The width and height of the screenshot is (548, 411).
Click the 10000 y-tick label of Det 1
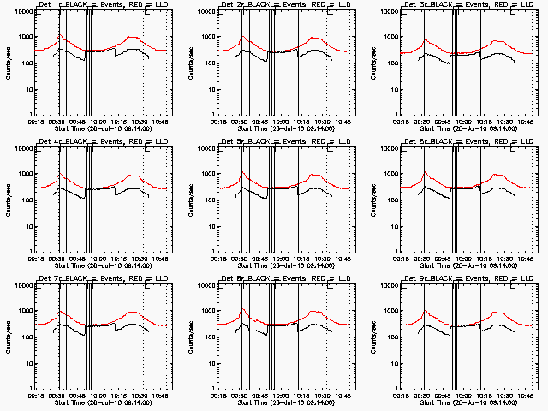(x=21, y=12)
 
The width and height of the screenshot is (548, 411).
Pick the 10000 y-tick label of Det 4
(x=21, y=149)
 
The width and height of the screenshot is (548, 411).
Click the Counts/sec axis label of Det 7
(x=6, y=337)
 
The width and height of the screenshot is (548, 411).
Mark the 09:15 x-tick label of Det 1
(x=37, y=122)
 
